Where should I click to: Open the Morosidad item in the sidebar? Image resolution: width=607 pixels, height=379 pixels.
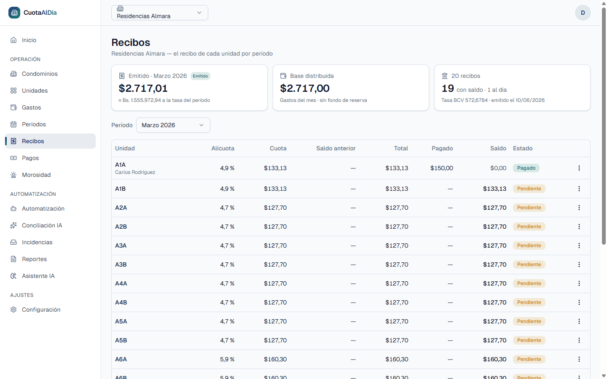tap(36, 175)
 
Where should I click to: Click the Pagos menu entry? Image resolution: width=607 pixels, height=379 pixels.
tap(30, 158)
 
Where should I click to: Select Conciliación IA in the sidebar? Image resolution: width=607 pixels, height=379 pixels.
tap(42, 226)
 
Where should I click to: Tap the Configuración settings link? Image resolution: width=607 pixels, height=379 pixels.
tap(41, 310)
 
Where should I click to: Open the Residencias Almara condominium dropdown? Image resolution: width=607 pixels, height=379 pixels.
tap(160, 13)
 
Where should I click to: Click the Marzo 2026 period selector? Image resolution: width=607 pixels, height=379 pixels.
tap(173, 125)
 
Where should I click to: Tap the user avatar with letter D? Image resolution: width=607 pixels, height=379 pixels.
tap(583, 13)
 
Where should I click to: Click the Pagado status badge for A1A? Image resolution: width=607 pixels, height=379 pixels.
tap(526, 168)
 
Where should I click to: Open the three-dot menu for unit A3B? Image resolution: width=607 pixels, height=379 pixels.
tap(579, 264)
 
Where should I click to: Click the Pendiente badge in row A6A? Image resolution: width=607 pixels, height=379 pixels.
tap(529, 359)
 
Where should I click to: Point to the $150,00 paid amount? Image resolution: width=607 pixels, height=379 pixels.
tap(441, 168)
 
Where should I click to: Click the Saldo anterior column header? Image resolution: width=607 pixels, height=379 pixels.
tap(336, 148)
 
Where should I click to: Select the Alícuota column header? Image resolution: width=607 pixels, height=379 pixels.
tap(223, 148)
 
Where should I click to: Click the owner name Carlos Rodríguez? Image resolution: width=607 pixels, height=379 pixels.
tap(135, 172)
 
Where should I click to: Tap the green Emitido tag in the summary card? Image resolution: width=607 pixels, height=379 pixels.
tap(200, 76)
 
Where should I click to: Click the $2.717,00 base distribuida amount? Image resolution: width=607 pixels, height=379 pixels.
tap(305, 88)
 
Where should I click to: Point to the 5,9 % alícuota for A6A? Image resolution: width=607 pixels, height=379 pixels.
tap(227, 359)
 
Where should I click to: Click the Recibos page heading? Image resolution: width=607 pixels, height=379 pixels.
tap(131, 43)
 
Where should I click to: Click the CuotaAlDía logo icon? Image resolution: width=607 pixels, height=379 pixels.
tap(14, 13)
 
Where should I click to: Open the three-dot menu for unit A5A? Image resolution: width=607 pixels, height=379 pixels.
tap(579, 321)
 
